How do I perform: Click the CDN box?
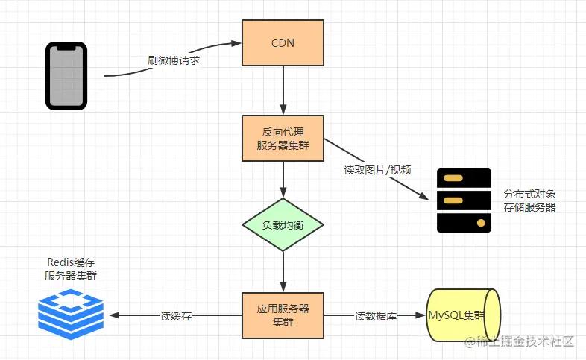[x=283, y=42]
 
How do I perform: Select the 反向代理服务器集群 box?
[x=283, y=138]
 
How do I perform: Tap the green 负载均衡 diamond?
[x=283, y=224]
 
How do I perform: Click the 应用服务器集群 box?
[x=283, y=315]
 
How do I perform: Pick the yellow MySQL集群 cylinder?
[x=461, y=315]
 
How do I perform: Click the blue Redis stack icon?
[x=70, y=315]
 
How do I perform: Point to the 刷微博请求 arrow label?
[x=172, y=61]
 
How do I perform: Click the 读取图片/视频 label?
[x=377, y=169]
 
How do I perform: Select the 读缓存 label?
[x=177, y=316]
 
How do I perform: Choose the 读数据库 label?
[x=375, y=316]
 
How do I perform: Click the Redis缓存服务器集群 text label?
[x=70, y=269]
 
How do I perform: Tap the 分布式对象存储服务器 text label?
[x=529, y=200]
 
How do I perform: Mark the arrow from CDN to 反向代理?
[x=283, y=89]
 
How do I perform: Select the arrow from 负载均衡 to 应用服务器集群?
[x=283, y=271]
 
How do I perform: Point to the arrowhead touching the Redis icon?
[x=113, y=316]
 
